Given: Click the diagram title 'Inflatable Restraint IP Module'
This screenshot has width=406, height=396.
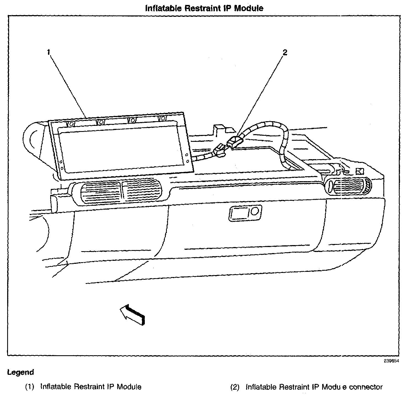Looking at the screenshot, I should [204, 8].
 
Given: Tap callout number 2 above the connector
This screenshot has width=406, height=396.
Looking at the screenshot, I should [285, 52].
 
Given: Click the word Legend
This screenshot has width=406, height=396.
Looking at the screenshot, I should [20, 372].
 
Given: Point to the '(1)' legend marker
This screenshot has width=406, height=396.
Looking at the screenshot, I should [30, 387].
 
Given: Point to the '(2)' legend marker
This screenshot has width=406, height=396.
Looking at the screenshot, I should [235, 387].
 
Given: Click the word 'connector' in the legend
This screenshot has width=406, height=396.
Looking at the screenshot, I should [366, 387].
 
